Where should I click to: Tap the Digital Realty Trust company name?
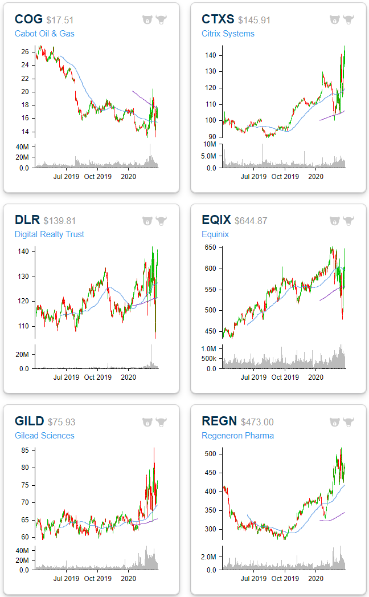[50, 234]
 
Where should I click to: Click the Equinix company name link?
[216, 234]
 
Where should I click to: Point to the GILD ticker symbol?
[29, 421]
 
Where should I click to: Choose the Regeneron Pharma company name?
[237, 436]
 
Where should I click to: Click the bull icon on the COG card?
[161, 19]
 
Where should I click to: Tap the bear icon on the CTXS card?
[335, 19]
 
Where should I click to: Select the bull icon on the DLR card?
[161, 221]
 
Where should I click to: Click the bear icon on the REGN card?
[335, 422]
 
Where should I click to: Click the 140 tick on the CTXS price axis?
[212, 55]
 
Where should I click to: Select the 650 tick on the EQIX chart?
[212, 247]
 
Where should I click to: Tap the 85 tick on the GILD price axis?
[25, 450]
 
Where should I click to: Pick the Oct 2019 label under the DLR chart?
[97, 377]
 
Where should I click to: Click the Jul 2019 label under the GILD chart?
[66, 578]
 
